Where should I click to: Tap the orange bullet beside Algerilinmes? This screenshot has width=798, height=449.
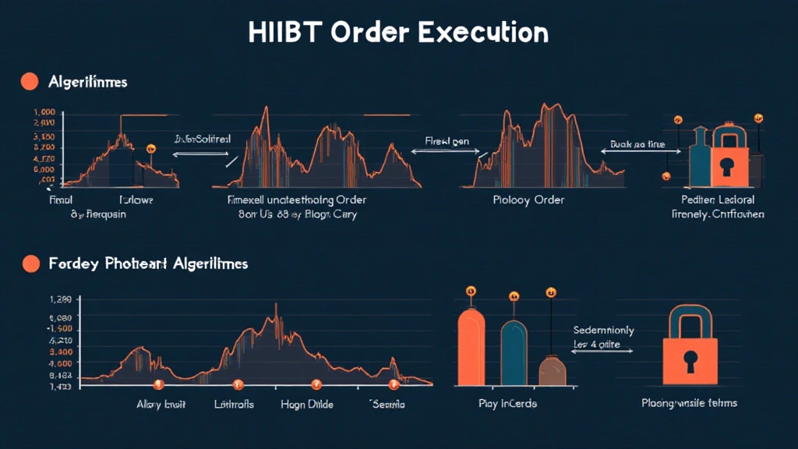(30, 81)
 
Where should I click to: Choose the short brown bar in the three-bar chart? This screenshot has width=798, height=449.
(553, 370)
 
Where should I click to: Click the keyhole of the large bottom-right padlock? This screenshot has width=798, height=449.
(690, 360)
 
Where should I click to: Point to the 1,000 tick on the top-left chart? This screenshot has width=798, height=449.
(44, 112)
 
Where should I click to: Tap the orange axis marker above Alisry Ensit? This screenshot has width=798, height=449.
(158, 384)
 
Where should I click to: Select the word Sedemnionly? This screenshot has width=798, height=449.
(603, 330)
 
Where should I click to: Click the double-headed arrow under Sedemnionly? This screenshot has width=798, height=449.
(602, 352)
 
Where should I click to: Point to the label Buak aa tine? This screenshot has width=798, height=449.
(639, 145)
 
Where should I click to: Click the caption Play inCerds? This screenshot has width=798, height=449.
(507, 404)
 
